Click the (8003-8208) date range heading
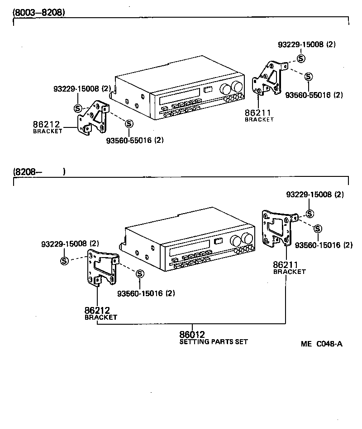point(39,12)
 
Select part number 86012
point(192,335)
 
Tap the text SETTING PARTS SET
point(214,342)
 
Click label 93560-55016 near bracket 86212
point(135,140)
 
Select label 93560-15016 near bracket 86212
point(146,293)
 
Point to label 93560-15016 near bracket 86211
point(324,245)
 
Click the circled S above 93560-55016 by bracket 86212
point(129,123)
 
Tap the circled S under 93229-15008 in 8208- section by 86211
point(310,214)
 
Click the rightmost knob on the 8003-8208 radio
point(237,87)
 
